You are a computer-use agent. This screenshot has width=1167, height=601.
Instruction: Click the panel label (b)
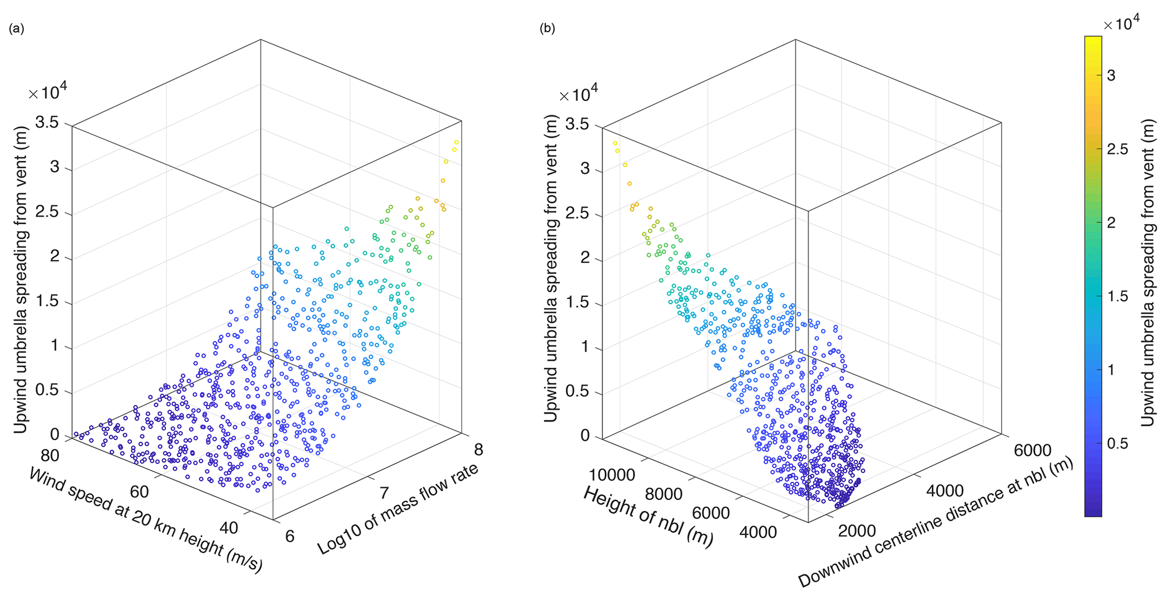coord(547,29)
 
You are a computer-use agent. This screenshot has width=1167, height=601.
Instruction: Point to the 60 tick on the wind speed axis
coord(139,492)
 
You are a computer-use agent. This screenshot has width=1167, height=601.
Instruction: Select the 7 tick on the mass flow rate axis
coord(384,493)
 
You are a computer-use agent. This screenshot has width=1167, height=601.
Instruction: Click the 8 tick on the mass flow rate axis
coord(478,450)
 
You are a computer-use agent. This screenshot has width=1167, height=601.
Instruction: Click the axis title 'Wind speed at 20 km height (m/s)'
coord(146,520)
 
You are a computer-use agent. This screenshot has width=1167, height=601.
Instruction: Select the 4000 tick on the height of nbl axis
coord(758,532)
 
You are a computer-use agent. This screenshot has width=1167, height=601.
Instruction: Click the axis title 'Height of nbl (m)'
coord(648,516)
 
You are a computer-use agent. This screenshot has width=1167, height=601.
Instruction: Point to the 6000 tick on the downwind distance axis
coord(1033,450)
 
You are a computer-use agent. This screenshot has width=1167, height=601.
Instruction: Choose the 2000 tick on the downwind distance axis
coord(856,531)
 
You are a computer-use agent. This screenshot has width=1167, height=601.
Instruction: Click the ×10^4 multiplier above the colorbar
coord(1121,23)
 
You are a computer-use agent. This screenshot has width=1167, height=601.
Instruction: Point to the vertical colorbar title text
coord(1148,273)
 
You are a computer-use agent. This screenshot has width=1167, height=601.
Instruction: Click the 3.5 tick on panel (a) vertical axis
coord(47,122)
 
